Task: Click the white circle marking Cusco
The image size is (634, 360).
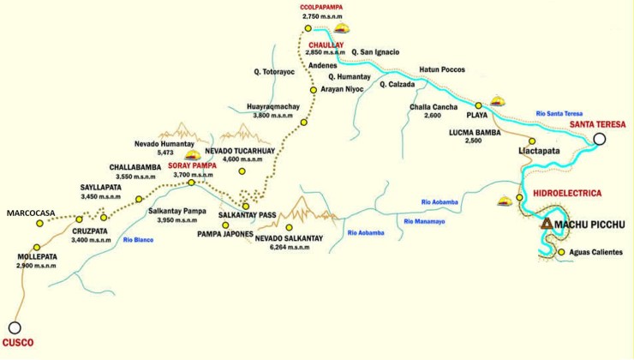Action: click(x=14, y=327)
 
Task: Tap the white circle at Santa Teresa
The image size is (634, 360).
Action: click(x=600, y=139)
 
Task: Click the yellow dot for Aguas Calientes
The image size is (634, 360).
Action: click(x=561, y=252)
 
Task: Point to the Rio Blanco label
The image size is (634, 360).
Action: click(x=138, y=241)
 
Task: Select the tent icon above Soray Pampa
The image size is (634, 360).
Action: click(x=193, y=155)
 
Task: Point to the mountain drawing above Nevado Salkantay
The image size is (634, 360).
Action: click(x=299, y=211)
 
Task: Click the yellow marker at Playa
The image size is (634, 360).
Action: click(x=478, y=105)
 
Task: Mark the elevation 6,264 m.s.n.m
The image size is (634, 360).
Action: click(x=282, y=247)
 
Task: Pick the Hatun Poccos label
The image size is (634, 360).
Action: click(x=441, y=69)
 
